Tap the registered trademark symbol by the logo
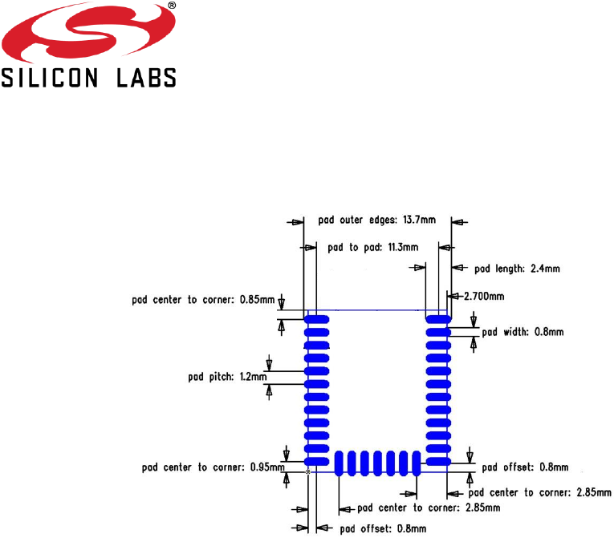click(x=172, y=6)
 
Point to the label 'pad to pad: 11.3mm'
click(x=373, y=248)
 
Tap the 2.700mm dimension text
click(x=484, y=296)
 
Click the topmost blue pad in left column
click(x=317, y=319)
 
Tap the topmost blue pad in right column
click(x=438, y=319)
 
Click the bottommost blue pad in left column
click(x=317, y=461)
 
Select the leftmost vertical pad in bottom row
click(x=339, y=463)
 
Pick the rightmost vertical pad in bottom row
click(x=416, y=463)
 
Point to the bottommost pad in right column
click(x=438, y=461)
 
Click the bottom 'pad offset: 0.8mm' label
click(x=382, y=528)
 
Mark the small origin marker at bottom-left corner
click(x=307, y=473)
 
